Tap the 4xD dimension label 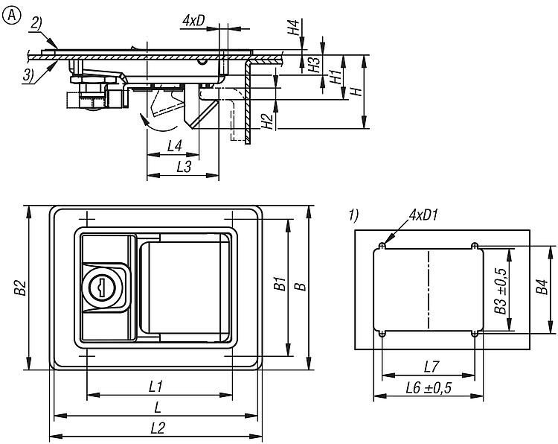194,21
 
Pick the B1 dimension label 279,284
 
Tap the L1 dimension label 156,387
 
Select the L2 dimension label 157,428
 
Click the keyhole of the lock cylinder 99,286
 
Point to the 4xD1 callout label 422,216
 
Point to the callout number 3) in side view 28,74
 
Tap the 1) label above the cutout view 353,215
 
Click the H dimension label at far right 356,91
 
